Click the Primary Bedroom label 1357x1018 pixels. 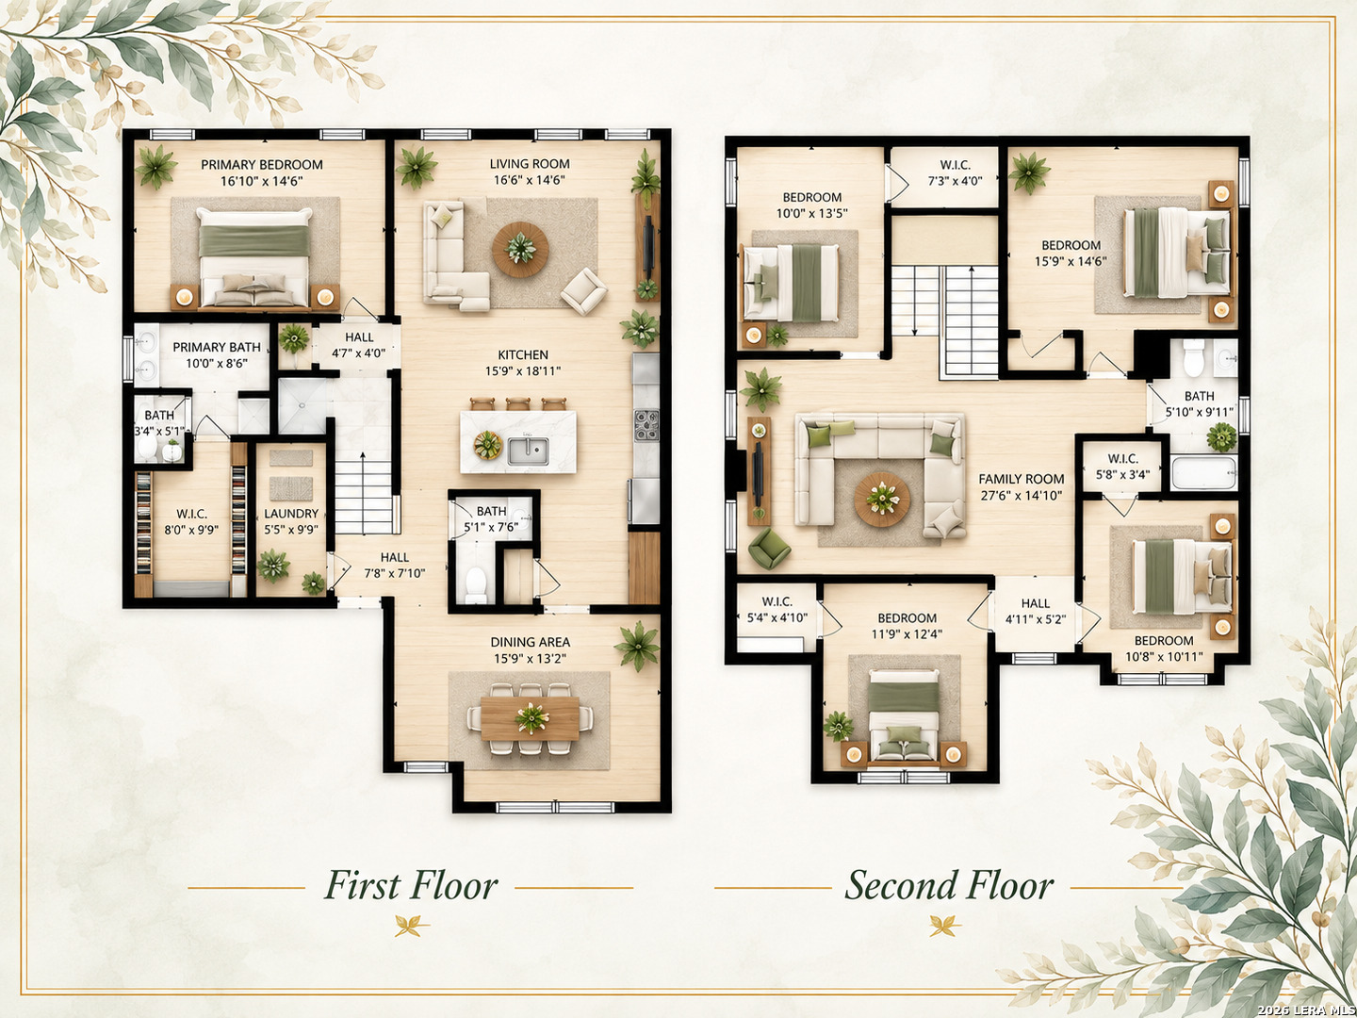click(x=262, y=165)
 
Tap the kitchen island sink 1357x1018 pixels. click(x=528, y=451)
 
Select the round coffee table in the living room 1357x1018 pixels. click(x=520, y=250)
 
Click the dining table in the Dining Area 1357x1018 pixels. click(x=530, y=717)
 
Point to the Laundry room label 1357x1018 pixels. click(x=291, y=514)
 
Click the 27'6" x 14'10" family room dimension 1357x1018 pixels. click(x=1022, y=495)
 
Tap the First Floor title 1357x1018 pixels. click(x=411, y=886)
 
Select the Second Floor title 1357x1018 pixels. click(x=949, y=886)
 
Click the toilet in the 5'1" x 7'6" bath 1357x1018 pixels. click(x=475, y=584)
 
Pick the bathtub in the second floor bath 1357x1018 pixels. click(x=1204, y=473)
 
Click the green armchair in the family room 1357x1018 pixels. click(x=768, y=549)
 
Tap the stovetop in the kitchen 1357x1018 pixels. click(x=646, y=426)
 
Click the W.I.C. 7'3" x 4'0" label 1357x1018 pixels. click(x=956, y=173)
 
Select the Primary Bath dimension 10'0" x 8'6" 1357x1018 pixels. click(x=217, y=364)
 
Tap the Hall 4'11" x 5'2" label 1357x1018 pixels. click(x=1035, y=612)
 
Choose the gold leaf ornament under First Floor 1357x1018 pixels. click(x=412, y=926)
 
